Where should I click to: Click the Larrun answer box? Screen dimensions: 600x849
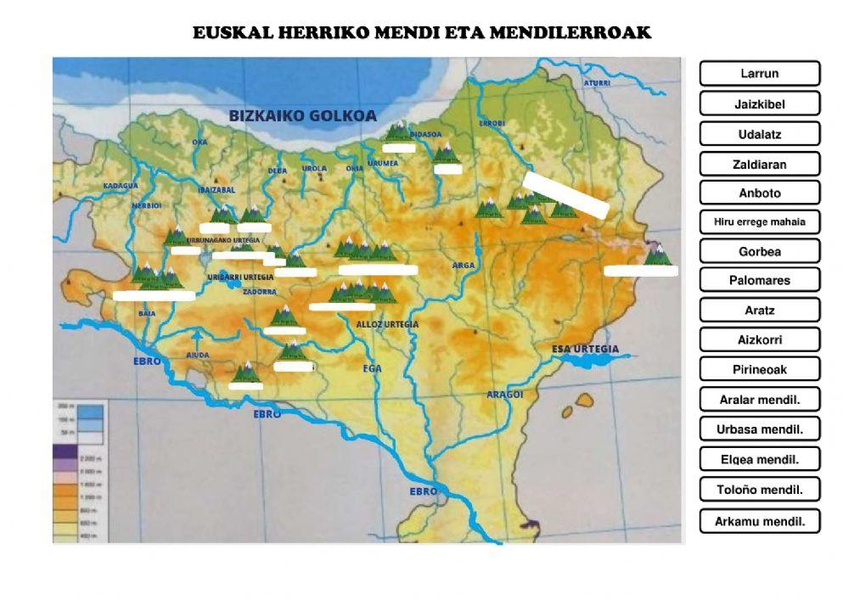tap(759, 74)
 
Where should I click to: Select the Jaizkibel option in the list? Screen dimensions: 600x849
tap(759, 104)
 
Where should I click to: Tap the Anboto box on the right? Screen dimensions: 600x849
tap(759, 193)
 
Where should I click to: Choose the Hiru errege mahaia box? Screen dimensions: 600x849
tap(759, 222)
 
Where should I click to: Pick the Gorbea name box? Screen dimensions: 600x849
tap(759, 251)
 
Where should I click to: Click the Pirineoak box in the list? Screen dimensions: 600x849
tap(759, 369)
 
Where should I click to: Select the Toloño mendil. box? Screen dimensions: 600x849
tap(759, 490)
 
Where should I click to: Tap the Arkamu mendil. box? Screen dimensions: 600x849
tap(759, 520)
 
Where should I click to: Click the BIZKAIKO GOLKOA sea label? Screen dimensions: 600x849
tap(302, 116)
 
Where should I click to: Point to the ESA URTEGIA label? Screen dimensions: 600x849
tap(585, 349)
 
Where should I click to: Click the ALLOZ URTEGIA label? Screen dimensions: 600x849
tap(387, 324)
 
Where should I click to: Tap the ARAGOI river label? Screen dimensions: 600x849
tap(504, 395)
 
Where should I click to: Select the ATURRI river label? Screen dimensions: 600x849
tap(596, 83)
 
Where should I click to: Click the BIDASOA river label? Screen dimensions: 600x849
tap(425, 134)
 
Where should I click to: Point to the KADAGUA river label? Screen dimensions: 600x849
tap(120, 185)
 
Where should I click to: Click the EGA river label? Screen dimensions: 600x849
tap(372, 368)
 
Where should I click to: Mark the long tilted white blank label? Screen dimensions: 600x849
tap(565, 195)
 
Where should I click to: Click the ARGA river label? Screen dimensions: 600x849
tap(464, 266)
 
